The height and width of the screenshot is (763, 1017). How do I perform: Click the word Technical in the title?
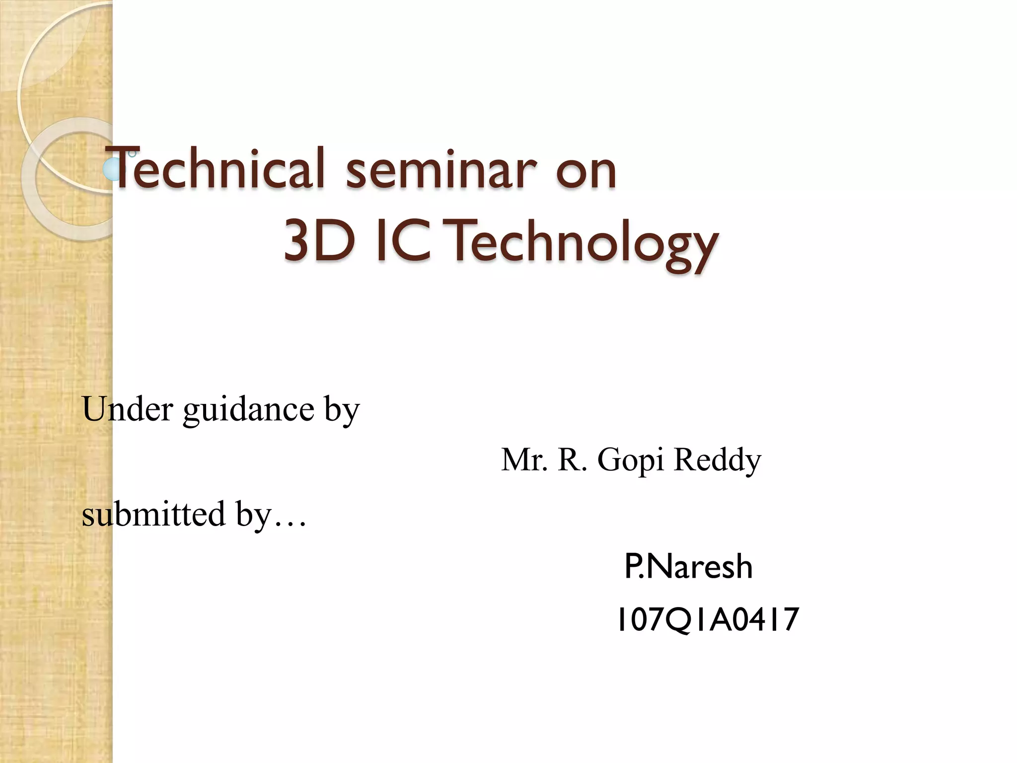coord(218,169)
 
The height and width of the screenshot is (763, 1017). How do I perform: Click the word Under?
coord(128,409)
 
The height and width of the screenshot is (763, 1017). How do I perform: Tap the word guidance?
coord(248,410)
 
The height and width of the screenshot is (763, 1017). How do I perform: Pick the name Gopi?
coord(631,461)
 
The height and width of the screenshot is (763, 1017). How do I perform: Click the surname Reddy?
coord(717,461)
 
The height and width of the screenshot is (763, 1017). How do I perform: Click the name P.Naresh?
coord(688,567)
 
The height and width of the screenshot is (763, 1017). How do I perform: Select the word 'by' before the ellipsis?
coord(253,515)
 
